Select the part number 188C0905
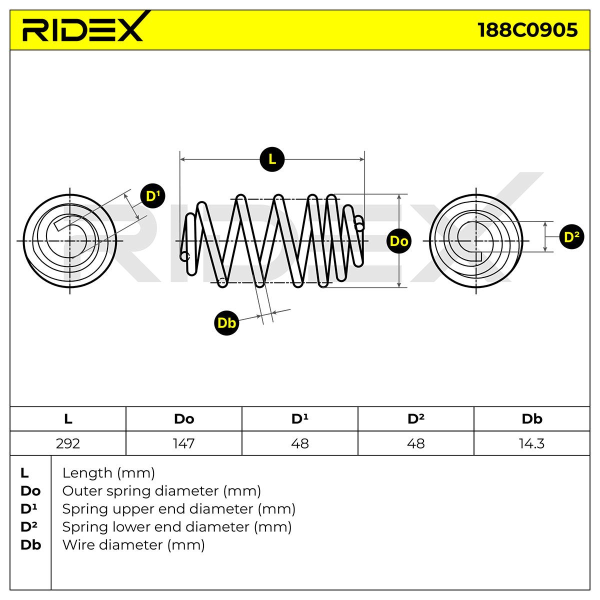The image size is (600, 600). pos(527,30)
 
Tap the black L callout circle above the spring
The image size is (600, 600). pos(272,159)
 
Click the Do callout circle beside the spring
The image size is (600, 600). pos(398,241)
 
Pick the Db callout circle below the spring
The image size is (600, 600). pos(226,322)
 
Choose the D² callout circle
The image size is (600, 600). pos(571,236)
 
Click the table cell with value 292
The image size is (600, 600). pos(68,443)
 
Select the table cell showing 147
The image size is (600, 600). pos(183,443)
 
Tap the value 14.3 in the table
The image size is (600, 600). pos(531,443)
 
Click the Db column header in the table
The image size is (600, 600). pos(531,419)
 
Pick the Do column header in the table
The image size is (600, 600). pos(183,419)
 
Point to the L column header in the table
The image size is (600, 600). pos(68,419)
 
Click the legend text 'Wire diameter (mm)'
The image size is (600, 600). pos(133,544)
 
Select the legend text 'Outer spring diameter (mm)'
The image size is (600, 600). pos(161,490)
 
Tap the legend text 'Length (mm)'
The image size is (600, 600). pos(108,472)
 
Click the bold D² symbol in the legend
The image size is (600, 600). pos(29,526)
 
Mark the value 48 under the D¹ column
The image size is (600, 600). pos(299,443)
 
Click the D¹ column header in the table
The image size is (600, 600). pos(299,419)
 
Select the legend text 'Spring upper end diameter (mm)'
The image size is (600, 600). pos(178,508)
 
